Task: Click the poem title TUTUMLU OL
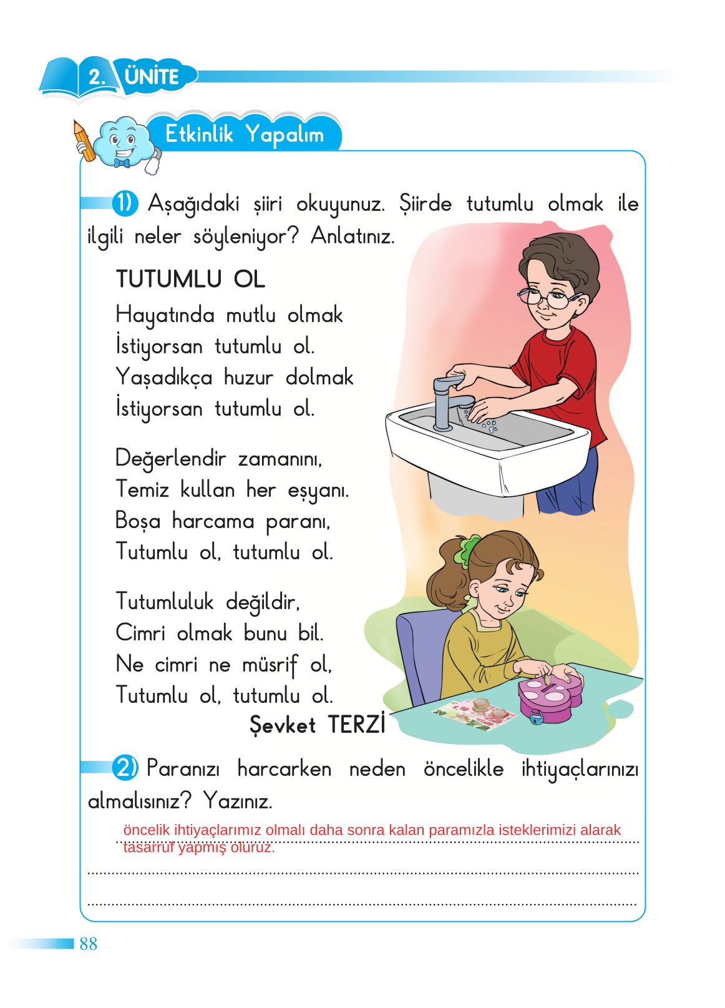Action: [190, 279]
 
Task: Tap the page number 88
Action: [88, 944]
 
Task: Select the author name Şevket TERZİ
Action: [317, 725]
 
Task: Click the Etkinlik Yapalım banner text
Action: [244, 134]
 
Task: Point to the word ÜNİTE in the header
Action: [152, 77]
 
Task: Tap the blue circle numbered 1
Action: [125, 203]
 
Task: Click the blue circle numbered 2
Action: [125, 768]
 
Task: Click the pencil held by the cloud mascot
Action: [84, 140]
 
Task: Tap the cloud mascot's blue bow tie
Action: [122, 163]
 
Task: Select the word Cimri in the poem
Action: [140, 633]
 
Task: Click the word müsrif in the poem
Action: [270, 664]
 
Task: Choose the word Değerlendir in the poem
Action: [170, 458]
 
